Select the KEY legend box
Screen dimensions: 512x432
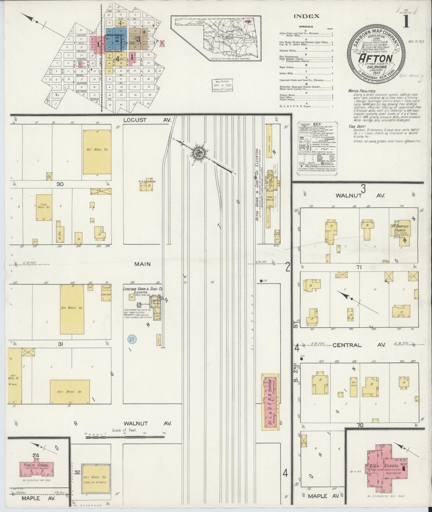(319, 148)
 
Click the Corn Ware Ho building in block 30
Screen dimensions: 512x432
(44, 206)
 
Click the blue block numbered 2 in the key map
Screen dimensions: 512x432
(117, 39)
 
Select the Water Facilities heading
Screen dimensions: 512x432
(362, 91)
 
